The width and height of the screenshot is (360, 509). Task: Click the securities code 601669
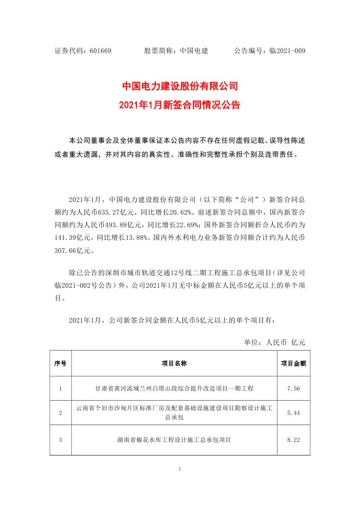[x=101, y=51]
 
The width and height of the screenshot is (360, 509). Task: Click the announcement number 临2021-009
[x=287, y=51]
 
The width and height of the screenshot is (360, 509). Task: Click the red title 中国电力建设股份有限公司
[x=180, y=86]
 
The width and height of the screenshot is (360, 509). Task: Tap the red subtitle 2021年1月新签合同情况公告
[x=180, y=105]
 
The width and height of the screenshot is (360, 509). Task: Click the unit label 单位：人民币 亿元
[x=275, y=343]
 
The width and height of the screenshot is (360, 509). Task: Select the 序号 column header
[x=60, y=363]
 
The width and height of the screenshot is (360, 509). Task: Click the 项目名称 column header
[x=174, y=363]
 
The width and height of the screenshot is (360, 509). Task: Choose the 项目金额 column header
[x=293, y=363]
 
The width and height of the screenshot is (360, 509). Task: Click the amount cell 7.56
[x=293, y=388]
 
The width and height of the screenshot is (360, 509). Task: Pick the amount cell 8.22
[x=293, y=440]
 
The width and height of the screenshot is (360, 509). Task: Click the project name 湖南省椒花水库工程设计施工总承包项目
[x=174, y=440]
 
